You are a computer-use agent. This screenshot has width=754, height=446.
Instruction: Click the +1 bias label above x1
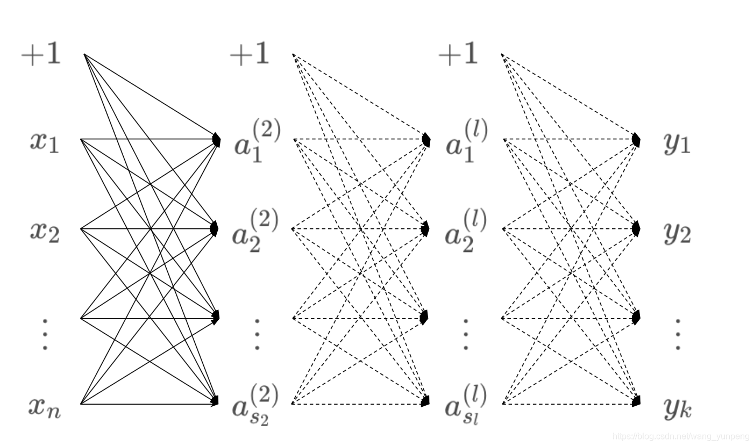click(41, 54)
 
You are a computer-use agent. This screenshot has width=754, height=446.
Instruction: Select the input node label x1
click(45, 142)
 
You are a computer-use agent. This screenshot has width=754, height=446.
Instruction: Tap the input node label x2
click(45, 232)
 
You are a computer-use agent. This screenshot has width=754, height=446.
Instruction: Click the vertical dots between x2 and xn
click(45, 334)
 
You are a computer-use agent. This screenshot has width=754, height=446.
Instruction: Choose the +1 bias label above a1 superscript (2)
click(250, 54)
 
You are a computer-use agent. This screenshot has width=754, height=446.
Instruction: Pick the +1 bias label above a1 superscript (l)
click(458, 54)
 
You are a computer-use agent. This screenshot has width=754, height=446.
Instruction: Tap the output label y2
click(677, 233)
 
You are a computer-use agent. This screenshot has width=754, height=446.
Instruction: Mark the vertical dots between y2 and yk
click(678, 334)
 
